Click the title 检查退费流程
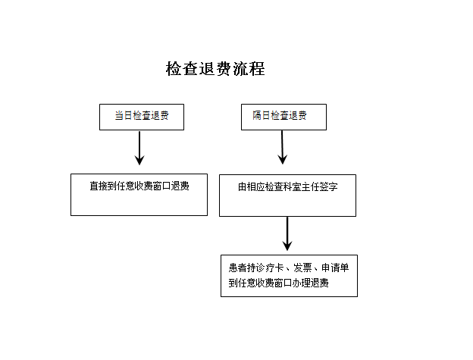coord(215,69)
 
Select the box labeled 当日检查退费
coord(142,117)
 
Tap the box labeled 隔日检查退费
coord(283,117)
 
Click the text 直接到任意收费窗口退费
coord(139,186)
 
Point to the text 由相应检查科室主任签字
coord(288,187)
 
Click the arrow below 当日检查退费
coord(139,148)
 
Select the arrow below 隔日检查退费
coord(282,148)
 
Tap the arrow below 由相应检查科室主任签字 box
coord(287,233)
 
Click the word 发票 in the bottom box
coord(302,268)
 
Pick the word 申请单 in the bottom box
coord(335,268)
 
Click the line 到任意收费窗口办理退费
coord(278,283)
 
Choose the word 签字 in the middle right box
coord(329,187)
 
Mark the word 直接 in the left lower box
coord(99,186)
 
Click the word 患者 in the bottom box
coord(238,268)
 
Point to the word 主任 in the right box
coord(311,187)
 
